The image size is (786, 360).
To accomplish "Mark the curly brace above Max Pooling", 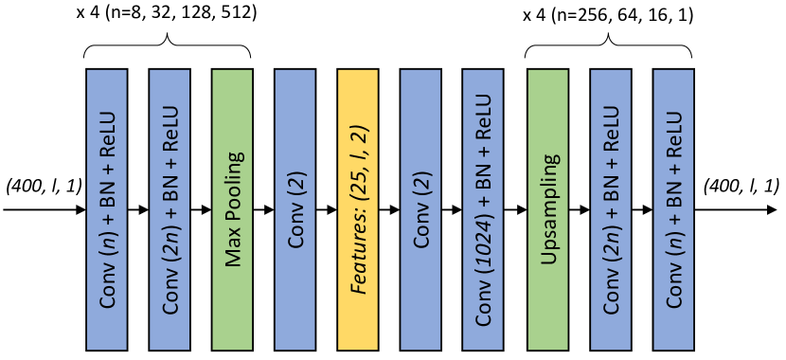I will (x=168, y=45).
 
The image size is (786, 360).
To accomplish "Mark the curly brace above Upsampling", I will (x=609, y=45).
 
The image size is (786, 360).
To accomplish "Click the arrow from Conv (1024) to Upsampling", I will (x=518, y=208).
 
